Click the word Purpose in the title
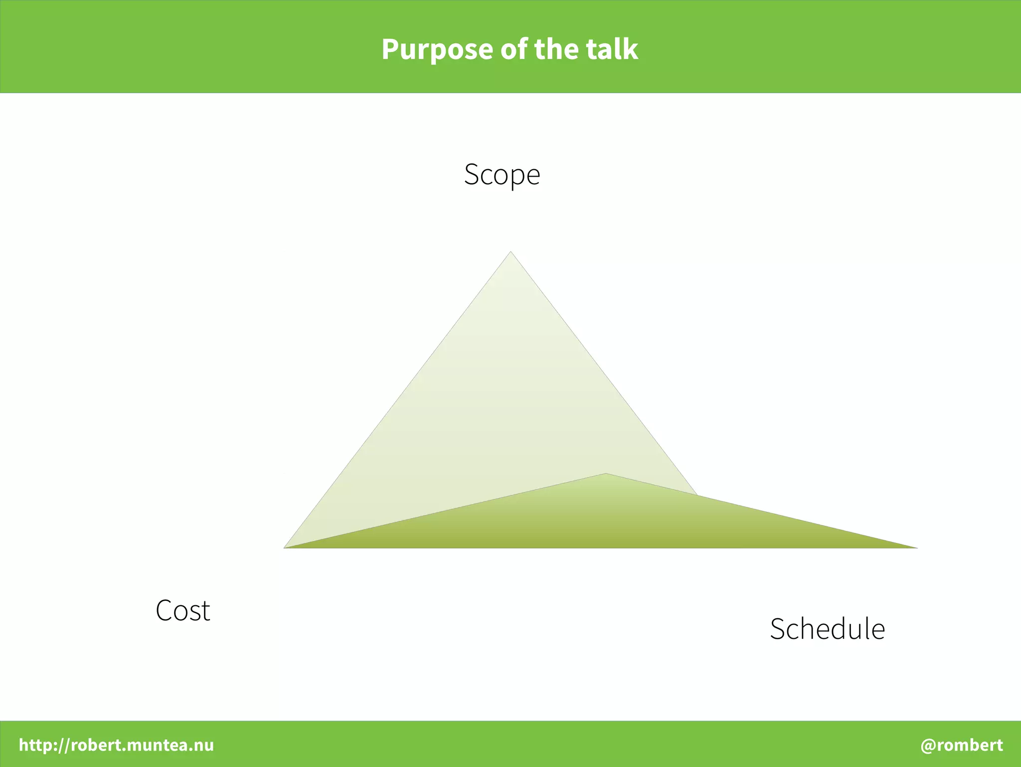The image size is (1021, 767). (x=437, y=50)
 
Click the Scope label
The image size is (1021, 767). (x=502, y=175)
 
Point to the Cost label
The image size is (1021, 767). (x=183, y=610)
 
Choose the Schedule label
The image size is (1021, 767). (x=827, y=629)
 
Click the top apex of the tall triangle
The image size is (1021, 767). (x=510, y=252)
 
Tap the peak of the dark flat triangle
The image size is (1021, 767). (x=606, y=474)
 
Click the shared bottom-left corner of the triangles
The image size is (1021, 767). (x=285, y=547)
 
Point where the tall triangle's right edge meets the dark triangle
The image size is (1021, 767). (x=697, y=495)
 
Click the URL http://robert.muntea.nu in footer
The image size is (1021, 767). (x=116, y=745)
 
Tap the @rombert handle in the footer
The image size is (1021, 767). (x=961, y=745)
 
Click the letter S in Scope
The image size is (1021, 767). (x=472, y=175)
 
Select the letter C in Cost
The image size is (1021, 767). (x=165, y=610)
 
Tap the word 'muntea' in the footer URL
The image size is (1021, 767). (x=156, y=745)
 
